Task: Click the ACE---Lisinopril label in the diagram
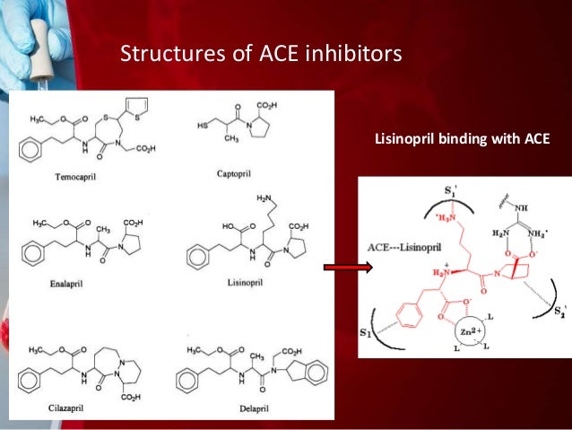[x=397, y=247]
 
